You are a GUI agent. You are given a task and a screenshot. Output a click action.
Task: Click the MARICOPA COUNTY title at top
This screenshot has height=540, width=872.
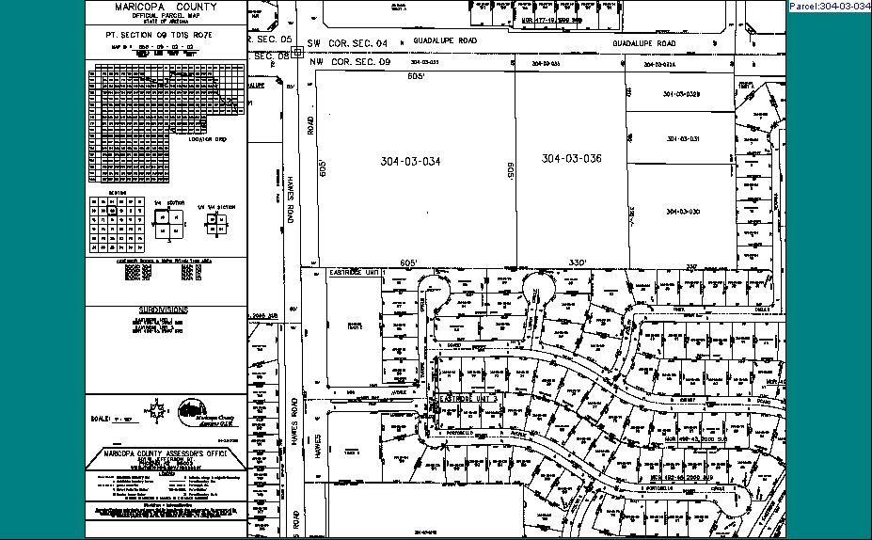[x=166, y=7]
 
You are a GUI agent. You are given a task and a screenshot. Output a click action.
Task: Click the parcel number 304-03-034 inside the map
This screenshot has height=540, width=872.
[x=410, y=162]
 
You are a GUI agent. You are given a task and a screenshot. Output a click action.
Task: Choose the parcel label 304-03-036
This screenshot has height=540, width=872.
[x=571, y=159]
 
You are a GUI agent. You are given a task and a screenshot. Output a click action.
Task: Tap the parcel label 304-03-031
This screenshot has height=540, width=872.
[x=683, y=139]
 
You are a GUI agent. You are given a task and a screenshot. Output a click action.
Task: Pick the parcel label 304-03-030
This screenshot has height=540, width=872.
[x=683, y=212]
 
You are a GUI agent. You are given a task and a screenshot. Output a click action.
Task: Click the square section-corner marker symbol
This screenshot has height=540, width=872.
[x=297, y=54]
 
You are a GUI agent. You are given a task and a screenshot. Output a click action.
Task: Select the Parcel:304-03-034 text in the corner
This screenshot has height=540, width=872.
[x=829, y=7]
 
